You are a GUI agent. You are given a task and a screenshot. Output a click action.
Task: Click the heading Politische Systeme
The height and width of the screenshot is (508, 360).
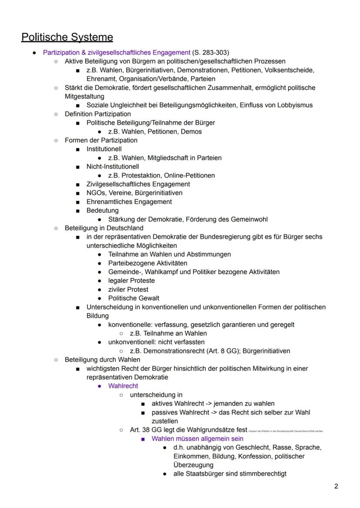[x=67, y=37]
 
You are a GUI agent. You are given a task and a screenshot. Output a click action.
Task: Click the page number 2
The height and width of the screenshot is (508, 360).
[x=336, y=486]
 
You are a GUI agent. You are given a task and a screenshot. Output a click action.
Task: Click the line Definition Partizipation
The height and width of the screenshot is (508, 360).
[x=97, y=114]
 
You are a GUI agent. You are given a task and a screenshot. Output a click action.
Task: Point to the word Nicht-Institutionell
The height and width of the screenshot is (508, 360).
[x=113, y=166]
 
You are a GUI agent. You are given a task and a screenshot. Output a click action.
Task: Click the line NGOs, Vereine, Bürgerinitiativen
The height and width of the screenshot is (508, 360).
[x=134, y=193]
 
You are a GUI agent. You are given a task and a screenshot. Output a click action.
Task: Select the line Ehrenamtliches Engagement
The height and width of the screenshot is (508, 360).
[x=129, y=202]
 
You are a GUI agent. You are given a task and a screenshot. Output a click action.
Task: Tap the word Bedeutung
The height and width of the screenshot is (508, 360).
[x=102, y=210]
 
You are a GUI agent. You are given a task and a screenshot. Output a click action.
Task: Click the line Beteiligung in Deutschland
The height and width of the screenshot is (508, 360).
[x=104, y=228]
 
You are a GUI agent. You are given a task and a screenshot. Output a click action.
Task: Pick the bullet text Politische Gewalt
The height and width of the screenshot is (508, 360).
[x=133, y=298]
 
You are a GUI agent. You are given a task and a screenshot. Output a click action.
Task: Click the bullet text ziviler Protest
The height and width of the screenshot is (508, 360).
[x=128, y=289]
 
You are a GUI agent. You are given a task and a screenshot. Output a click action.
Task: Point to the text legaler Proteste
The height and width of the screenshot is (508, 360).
[x=131, y=281]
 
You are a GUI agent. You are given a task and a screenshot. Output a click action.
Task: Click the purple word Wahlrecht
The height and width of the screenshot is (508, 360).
[x=123, y=386]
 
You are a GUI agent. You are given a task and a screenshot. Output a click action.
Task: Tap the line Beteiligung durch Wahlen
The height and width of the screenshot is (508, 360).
[x=102, y=359]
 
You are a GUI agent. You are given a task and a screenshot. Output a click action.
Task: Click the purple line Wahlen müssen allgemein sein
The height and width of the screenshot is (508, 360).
[x=197, y=439]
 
